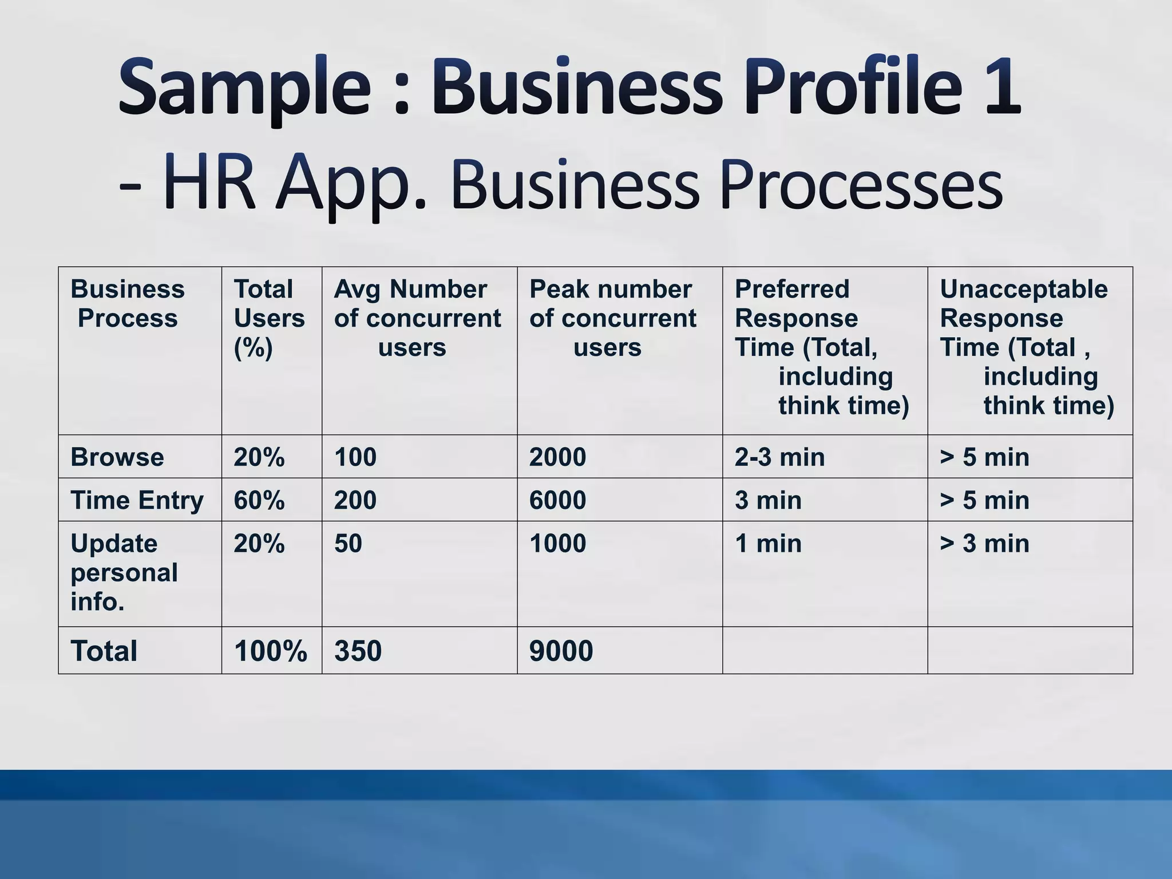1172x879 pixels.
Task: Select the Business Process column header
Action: [x=127, y=303]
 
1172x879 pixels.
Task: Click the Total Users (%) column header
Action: [x=269, y=318]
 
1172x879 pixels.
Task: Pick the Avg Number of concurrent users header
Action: [x=417, y=318]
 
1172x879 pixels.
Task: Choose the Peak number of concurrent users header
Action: [x=612, y=318]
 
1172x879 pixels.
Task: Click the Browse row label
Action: [x=117, y=457]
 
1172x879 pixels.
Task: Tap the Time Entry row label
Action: [x=137, y=500]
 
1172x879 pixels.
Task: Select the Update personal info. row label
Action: [x=124, y=572]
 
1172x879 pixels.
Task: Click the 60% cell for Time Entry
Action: [x=259, y=500]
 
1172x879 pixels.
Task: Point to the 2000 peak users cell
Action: [x=557, y=457]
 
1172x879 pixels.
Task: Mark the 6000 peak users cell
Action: [x=557, y=500]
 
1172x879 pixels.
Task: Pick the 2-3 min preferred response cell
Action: [x=779, y=457]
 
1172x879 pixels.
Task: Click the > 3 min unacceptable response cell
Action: [x=984, y=543]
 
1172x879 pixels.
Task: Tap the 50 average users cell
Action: [x=348, y=543]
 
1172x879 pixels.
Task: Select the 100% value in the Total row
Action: [x=270, y=651]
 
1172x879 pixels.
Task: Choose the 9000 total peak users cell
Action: [x=561, y=651]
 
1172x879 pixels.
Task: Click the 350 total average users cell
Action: [x=358, y=651]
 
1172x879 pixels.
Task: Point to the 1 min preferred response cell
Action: [x=768, y=543]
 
